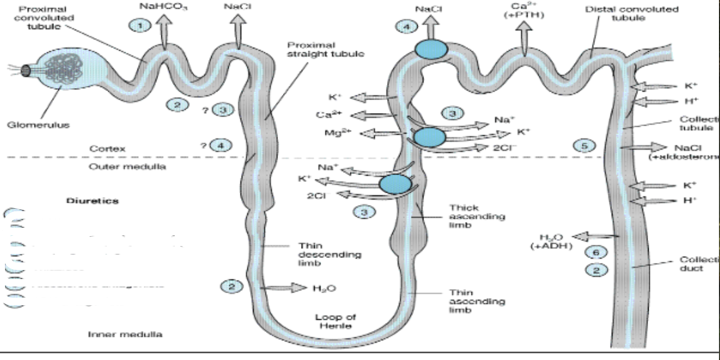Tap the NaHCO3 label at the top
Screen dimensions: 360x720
[159, 6]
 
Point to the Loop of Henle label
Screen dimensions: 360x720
[335, 321]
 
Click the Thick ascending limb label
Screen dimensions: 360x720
[477, 216]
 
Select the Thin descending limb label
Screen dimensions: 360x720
[330, 254]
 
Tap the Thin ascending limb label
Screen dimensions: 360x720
[477, 301]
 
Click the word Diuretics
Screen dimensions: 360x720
[93, 201]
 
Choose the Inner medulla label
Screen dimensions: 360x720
[125, 334]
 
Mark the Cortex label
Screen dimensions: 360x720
[107, 149]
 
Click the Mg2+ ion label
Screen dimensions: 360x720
[334, 133]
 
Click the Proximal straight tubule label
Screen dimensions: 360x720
[325, 49]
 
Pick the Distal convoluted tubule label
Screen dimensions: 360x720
[632, 14]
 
